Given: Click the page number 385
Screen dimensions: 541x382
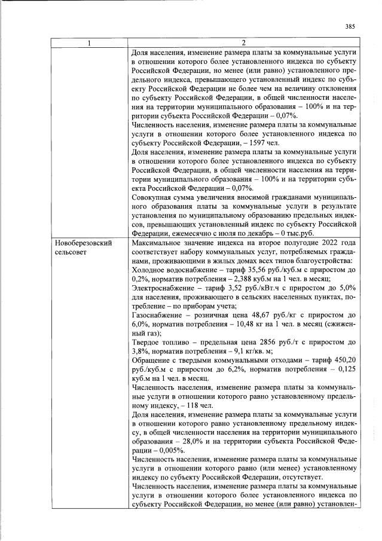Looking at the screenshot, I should click(350, 26).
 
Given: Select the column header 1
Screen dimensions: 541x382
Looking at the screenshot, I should click(90, 42).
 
